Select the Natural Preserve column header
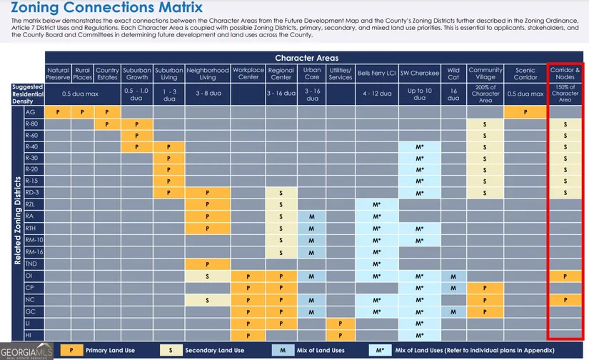58,74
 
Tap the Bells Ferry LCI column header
376,74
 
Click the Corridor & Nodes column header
565,74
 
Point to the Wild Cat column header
453,74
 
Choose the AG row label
30,112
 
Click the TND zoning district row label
31,264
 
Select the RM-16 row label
34,251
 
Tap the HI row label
29,334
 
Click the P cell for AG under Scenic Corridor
525,112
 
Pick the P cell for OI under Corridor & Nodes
565,276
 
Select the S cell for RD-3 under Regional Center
281,194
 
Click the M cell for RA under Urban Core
312,216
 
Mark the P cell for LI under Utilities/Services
341,323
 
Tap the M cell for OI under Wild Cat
453,276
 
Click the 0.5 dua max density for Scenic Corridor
525,94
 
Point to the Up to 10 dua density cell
419,94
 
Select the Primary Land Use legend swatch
71,350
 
